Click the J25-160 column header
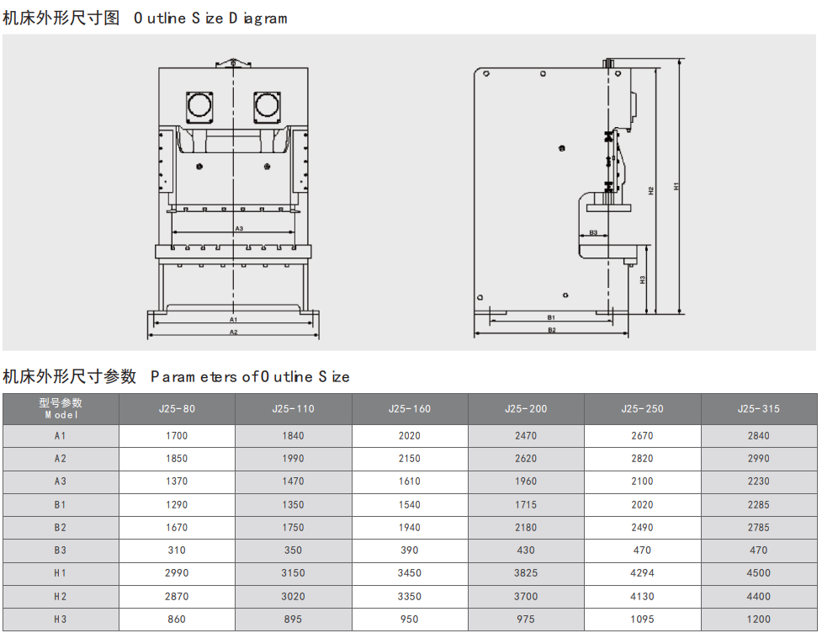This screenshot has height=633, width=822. tap(410, 409)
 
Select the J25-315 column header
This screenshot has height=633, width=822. tap(759, 409)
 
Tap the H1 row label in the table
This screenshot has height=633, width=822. tap(61, 573)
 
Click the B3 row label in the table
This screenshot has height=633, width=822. tap(61, 551)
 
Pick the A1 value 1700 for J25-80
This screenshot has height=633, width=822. tap(177, 436)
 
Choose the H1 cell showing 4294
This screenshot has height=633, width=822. tap(642, 573)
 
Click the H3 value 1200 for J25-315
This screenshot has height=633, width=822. tap(759, 620)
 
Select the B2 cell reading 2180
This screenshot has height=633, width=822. tap(526, 528)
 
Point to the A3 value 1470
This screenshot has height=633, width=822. tap(293, 481)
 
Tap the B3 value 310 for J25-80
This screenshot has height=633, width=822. tap(177, 551)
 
